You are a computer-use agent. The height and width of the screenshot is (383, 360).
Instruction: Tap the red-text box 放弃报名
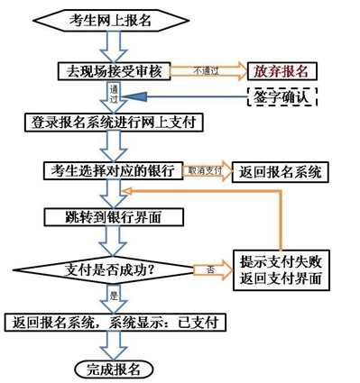tap(282, 70)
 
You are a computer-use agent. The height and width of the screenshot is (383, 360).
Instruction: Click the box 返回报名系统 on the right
tap(279, 170)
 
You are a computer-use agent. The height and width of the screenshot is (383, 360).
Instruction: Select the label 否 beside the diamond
tap(209, 268)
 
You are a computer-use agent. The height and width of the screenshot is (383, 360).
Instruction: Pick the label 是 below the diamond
tap(114, 295)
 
